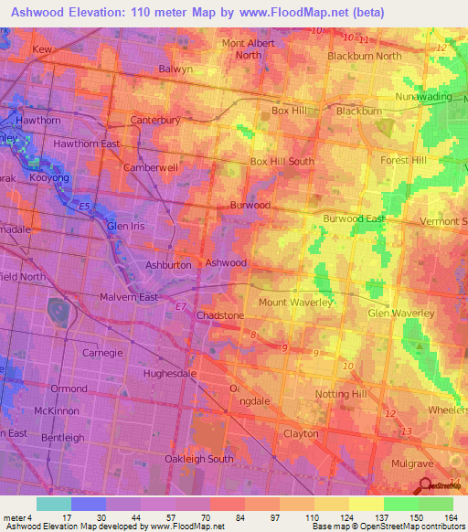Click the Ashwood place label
[226, 262]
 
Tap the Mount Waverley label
[294, 302]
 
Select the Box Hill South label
[282, 161]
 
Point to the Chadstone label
[220, 315]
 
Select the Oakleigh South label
[199, 459]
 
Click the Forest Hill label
[403, 160]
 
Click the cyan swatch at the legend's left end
[53, 504]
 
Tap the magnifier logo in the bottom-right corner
[426, 484]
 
